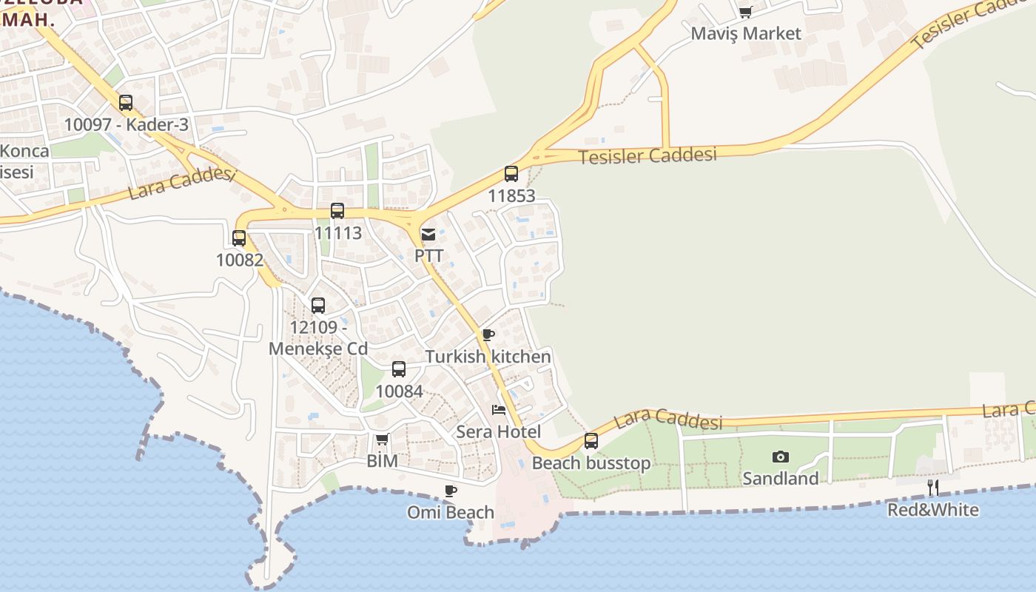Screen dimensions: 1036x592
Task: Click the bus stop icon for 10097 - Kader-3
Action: [x=126, y=103]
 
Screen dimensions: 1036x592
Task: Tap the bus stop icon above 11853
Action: [x=511, y=174]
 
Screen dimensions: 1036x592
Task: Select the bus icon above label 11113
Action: [x=337, y=211]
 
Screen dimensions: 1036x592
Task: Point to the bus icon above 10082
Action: [x=239, y=238]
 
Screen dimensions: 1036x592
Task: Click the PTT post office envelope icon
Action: [x=428, y=235]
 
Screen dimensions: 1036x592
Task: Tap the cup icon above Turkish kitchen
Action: [x=488, y=334]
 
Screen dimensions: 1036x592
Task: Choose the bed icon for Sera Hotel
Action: [x=499, y=410]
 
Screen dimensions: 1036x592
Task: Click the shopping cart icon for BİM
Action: [x=383, y=440]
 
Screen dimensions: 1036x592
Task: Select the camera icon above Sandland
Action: [x=780, y=457]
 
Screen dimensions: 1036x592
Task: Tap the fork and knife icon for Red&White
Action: [x=933, y=488]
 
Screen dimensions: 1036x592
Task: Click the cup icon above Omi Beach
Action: [x=451, y=491]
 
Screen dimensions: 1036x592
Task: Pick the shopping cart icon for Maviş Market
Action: [x=745, y=12]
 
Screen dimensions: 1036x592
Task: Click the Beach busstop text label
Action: [x=591, y=463]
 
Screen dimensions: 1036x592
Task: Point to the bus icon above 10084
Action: [x=399, y=369]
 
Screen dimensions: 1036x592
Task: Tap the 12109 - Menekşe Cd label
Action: [x=318, y=338]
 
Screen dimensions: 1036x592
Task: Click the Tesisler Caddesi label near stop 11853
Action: [x=647, y=156]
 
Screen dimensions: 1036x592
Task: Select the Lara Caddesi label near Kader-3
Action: [x=181, y=183]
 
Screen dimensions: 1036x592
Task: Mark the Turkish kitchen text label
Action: [x=488, y=357]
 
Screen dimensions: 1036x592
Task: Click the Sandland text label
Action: [x=780, y=479]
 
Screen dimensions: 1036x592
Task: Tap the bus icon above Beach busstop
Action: [x=591, y=441]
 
